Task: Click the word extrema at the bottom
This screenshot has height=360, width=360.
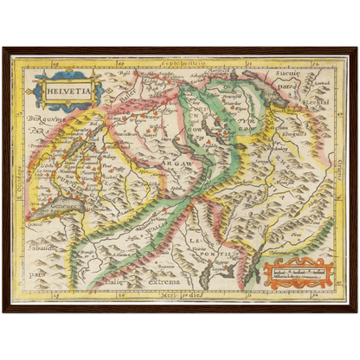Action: click(x=163, y=282)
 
